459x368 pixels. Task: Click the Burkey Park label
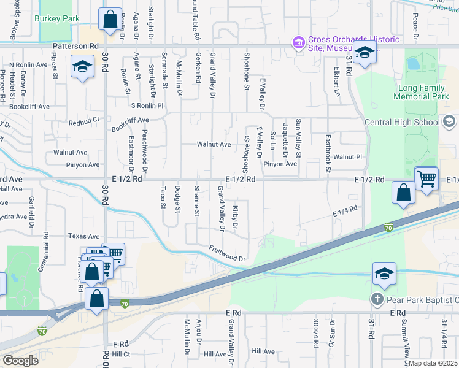[58, 19]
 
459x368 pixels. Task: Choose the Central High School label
[402, 122]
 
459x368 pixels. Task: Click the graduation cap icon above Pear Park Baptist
[384, 274]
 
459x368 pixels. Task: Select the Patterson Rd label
[75, 46]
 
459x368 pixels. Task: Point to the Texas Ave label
[83, 236]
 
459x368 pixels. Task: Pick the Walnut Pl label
[348, 157]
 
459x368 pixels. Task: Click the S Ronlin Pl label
[147, 105]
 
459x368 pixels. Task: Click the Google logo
[20, 361]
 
